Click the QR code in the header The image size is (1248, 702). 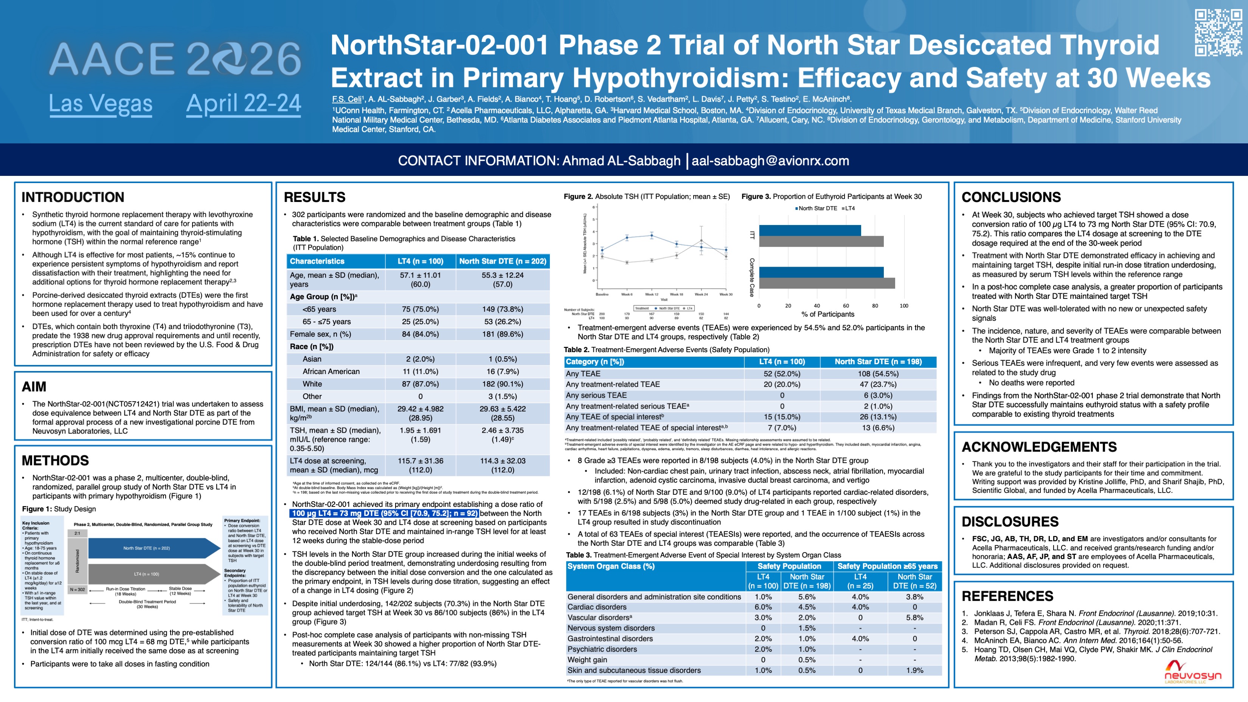coord(1218,33)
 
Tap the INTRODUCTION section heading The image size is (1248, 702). coord(73,197)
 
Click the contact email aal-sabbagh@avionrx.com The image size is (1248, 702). coord(770,161)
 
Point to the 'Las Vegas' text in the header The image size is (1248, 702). coord(100,104)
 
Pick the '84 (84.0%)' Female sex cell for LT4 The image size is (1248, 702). coord(420,334)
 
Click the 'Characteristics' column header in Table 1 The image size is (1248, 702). coord(317,261)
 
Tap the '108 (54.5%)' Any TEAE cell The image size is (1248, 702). coord(877,374)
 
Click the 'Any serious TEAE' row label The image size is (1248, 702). coord(596,395)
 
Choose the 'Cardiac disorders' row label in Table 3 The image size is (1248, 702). coord(596,607)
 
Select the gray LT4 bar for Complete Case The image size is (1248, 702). coord(826,283)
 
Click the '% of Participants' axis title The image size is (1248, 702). coord(827,314)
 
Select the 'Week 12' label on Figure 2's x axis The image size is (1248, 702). coord(651,294)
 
